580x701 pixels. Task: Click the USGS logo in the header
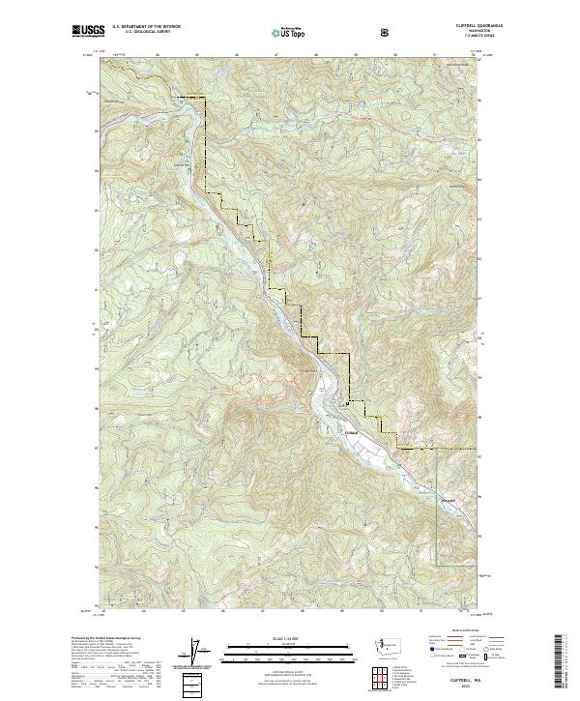[88, 32]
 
